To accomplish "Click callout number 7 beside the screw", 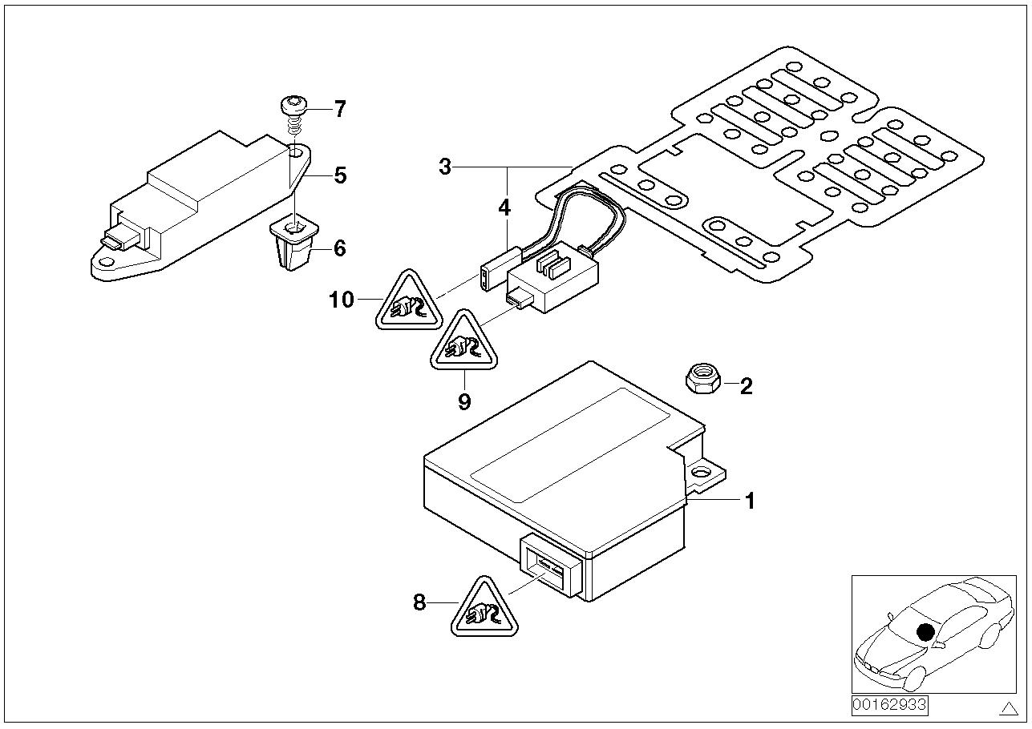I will pos(340,109).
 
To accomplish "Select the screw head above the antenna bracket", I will pos(293,104).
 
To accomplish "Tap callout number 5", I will pos(340,175).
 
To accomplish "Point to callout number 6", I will pos(339,248).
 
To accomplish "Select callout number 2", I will pos(746,387).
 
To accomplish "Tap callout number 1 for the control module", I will pos(750,501).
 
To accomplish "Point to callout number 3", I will pos(445,167).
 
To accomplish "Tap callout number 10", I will pos(341,300).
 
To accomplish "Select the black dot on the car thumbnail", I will pos(926,632).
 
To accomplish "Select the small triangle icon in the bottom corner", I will pos(1008,708).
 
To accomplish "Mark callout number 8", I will pos(419,602).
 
